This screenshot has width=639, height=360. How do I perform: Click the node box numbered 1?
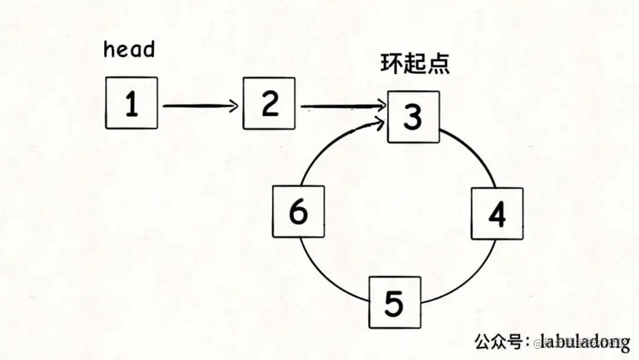(131, 103)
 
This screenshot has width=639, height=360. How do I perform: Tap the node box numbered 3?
(414, 117)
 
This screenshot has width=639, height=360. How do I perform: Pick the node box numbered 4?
(497, 213)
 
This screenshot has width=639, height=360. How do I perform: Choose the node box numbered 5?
(395, 302)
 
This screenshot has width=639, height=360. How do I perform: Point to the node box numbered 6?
(298, 211)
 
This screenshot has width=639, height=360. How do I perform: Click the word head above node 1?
(129, 49)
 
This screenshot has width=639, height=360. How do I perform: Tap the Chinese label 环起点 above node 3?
(415, 64)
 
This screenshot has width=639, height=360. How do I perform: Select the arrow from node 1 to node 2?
(200, 106)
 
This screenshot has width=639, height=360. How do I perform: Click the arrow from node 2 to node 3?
(342, 107)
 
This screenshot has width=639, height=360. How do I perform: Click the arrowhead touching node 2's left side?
(235, 106)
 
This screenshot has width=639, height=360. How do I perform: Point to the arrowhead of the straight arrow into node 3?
(382, 107)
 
